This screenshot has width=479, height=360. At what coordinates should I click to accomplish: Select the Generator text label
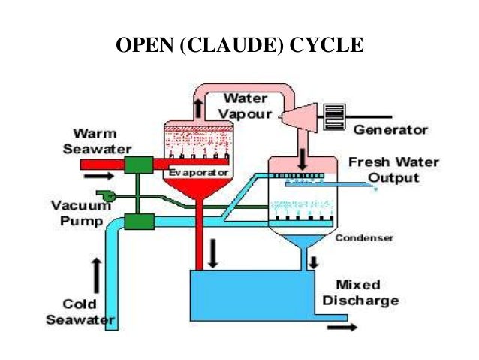[390, 129]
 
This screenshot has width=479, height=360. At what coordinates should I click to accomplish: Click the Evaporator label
[196, 172]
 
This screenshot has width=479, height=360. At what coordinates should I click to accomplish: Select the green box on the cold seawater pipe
[139, 221]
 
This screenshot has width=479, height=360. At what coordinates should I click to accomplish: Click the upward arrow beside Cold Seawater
[97, 274]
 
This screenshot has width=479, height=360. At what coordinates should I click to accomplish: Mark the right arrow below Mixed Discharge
[343, 327]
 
